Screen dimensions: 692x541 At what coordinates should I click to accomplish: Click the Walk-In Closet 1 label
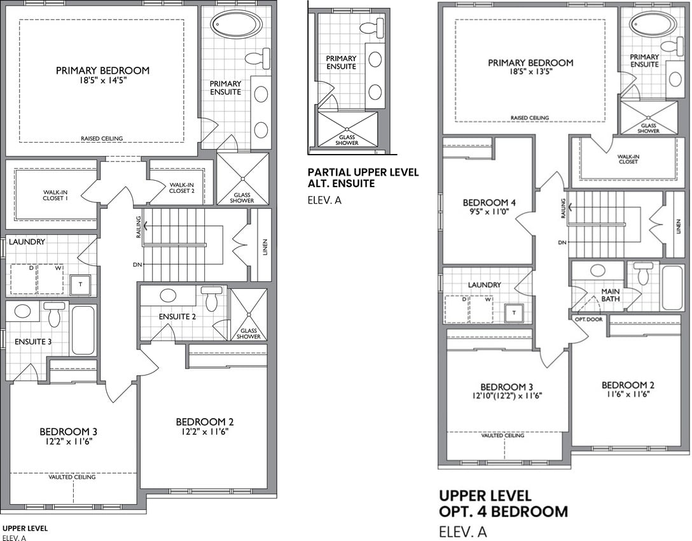[55, 195]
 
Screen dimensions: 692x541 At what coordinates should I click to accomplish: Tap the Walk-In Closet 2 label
[182, 188]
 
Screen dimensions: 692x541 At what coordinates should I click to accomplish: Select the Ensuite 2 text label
[177, 317]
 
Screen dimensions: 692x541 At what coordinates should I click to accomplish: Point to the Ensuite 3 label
[33, 342]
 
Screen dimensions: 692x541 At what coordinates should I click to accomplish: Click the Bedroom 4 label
[489, 202]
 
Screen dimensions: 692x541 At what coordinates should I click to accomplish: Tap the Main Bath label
[611, 295]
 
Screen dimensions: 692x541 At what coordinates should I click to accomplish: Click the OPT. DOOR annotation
[588, 320]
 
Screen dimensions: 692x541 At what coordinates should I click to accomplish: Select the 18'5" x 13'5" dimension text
[530, 71]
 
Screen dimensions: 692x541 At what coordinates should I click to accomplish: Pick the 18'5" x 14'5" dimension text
[103, 80]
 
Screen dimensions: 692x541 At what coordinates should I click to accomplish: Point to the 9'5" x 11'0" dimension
[489, 211]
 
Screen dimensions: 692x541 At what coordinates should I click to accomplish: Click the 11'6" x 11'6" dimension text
[628, 395]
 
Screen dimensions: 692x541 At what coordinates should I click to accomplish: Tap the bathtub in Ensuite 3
[83, 330]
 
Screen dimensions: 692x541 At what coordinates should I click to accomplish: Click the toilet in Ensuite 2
[211, 299]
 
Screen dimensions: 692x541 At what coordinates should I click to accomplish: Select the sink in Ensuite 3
[22, 311]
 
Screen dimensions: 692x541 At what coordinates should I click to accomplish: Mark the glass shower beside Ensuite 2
[249, 314]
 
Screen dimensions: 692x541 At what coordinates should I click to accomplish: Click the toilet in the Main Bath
[643, 273]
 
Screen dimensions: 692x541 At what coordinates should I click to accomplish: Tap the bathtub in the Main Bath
[672, 288]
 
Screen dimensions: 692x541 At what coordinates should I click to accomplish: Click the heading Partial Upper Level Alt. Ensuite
[363, 178]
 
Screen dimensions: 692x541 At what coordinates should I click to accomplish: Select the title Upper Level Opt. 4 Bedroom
[504, 503]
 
